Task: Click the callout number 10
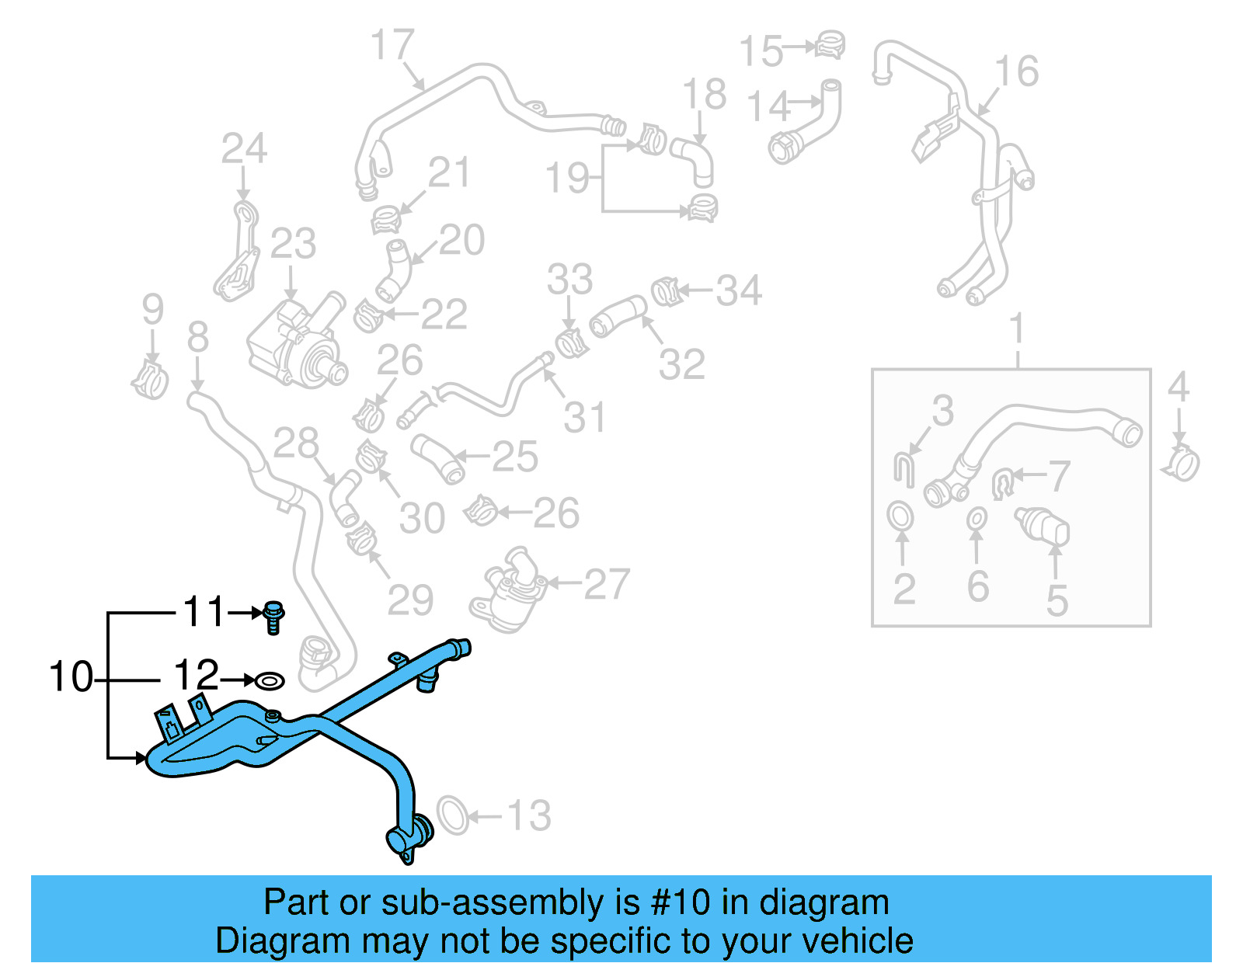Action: click(71, 676)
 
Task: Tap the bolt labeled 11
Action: click(273, 617)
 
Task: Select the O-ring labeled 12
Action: click(270, 681)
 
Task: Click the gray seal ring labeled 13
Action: click(453, 815)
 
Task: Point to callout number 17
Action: click(392, 46)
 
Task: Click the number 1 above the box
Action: click(1017, 329)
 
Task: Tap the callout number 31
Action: click(584, 417)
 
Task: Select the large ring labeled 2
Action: click(900, 516)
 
